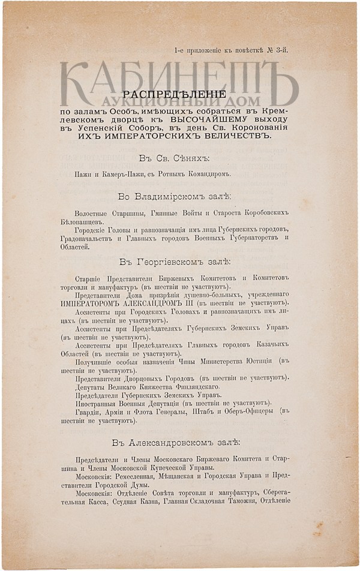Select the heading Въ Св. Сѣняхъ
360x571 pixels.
pyautogui.click(x=175, y=158)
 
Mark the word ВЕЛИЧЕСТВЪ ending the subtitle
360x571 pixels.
pyautogui.click(x=234, y=136)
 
